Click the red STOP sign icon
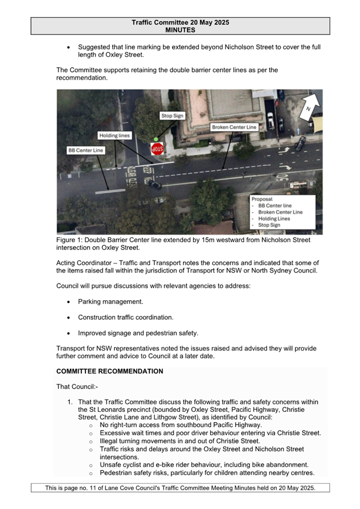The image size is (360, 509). pyautogui.click(x=157, y=149)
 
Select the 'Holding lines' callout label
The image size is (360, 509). pyautogui.click(x=114, y=135)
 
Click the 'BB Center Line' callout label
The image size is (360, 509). pyautogui.click(x=85, y=150)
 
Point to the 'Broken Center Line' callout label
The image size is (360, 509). pyautogui.click(x=234, y=127)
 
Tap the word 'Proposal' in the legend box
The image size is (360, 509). pyautogui.click(x=262, y=199)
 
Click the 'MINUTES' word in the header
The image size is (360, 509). pyautogui.click(x=180, y=30)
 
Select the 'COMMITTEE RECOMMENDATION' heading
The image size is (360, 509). pyautogui.click(x=110, y=371)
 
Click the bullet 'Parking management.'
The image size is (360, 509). pyautogui.click(x=111, y=301)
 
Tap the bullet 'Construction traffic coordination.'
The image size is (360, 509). pyautogui.click(x=126, y=317)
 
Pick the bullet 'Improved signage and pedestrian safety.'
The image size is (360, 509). pyautogui.click(x=138, y=333)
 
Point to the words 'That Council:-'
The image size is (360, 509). pyautogui.click(x=77, y=386)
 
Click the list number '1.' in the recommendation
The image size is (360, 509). pyautogui.click(x=70, y=402)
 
